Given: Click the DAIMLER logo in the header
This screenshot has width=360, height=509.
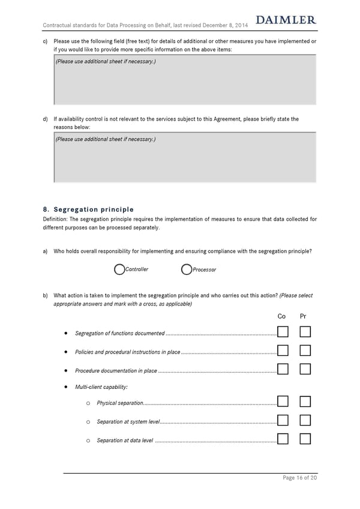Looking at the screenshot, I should tap(286, 20).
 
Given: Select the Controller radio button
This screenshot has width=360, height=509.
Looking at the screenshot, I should tap(119, 270).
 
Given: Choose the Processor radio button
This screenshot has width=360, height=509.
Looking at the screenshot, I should tap(186, 270).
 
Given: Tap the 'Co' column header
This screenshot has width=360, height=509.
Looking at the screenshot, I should tap(282, 316).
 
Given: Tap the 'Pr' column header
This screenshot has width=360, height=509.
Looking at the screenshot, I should tap(304, 316).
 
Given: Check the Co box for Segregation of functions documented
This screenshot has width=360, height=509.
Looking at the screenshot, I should tap(283, 333).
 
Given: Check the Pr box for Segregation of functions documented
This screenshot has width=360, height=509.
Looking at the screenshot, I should tap(305, 333).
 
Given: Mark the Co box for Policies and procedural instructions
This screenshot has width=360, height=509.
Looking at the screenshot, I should tap(283, 351).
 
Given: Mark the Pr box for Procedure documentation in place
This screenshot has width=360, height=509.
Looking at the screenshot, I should tap(305, 370).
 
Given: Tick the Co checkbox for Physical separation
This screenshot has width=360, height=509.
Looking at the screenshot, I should tap(283, 402).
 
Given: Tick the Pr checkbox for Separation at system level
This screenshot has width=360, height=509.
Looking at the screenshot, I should tap(305, 421).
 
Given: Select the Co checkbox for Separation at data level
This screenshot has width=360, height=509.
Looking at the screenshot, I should tap(283, 439).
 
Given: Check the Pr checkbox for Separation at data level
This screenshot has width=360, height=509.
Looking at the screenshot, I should tap(305, 439).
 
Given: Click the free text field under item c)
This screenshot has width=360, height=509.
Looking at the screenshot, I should tap(185, 81).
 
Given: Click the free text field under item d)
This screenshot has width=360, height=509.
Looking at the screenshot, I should tap(185, 157).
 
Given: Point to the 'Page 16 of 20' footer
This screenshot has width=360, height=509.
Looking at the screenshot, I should tap(299, 478).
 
